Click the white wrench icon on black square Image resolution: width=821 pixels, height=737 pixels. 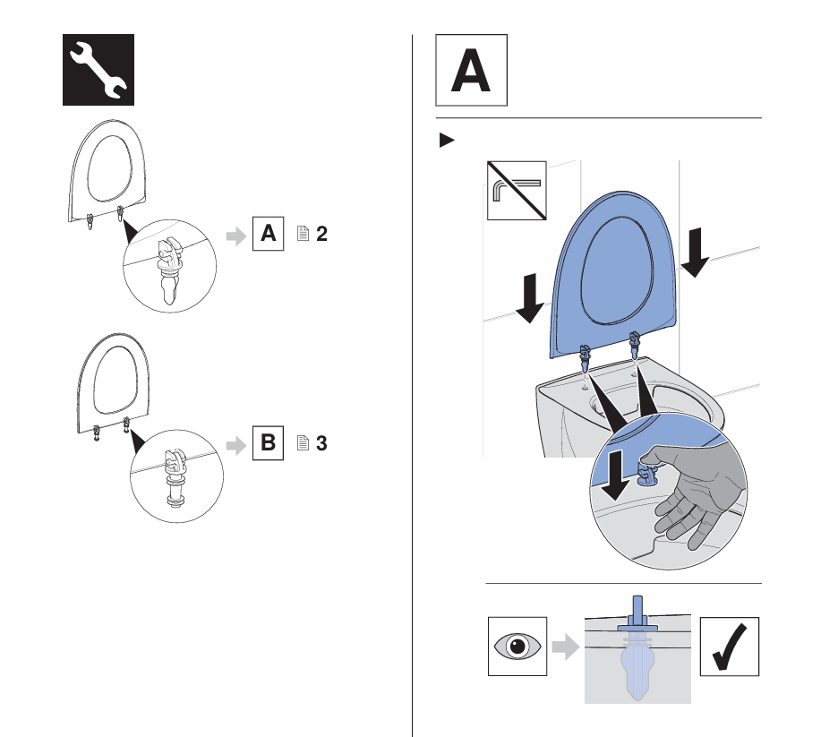[x=98, y=70]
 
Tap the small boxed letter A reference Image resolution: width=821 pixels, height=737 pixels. [x=268, y=235]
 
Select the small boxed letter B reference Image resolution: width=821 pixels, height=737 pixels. [x=268, y=443]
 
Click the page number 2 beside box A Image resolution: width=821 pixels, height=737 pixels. [x=321, y=235]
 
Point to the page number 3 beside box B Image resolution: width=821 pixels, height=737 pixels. [x=321, y=443]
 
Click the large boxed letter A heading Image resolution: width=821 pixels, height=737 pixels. [x=471, y=72]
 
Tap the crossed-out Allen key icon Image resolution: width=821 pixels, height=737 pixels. [x=515, y=191]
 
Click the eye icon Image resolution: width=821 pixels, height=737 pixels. [x=517, y=647]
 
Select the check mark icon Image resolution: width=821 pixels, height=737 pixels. [x=729, y=647]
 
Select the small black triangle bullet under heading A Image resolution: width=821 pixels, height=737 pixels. [x=446, y=141]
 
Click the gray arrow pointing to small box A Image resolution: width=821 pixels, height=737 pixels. [x=234, y=236]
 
